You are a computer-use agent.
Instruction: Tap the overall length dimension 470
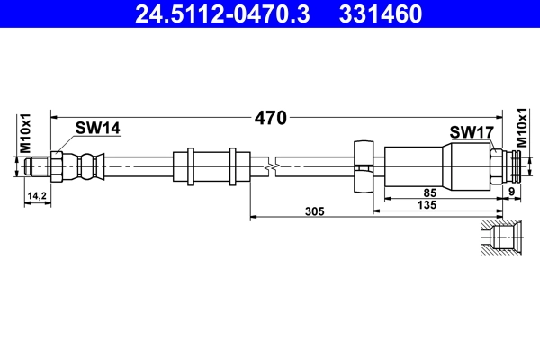(270, 117)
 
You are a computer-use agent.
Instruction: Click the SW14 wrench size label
(98, 129)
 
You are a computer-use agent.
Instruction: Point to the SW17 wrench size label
(472, 133)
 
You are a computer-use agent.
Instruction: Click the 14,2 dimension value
(37, 195)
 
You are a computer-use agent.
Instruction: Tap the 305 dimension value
(314, 211)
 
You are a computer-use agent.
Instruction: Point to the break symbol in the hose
(269, 166)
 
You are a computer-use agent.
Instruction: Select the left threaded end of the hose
(37, 166)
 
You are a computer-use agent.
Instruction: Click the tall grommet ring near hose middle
(363, 166)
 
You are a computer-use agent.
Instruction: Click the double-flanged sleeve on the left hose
(211, 166)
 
